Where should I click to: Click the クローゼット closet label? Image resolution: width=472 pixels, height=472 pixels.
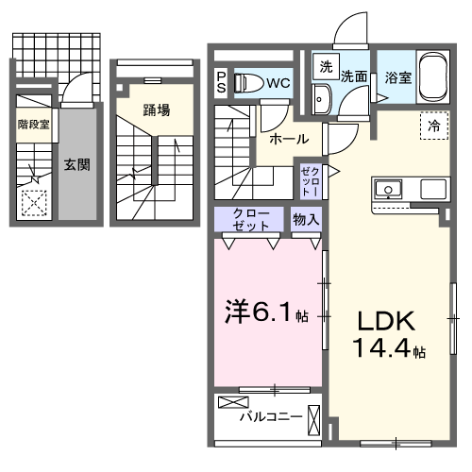click(x=252, y=221)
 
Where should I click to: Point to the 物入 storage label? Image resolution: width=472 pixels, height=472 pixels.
click(x=306, y=219)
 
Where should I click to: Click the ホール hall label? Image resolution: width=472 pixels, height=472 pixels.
click(x=288, y=139)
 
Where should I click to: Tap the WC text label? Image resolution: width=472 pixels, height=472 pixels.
click(x=278, y=82)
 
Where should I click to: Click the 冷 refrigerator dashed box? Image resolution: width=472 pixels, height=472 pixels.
click(x=434, y=124)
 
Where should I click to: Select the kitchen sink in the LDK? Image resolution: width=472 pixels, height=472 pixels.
click(x=388, y=188)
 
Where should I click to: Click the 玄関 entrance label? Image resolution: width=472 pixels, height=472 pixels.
click(x=76, y=164)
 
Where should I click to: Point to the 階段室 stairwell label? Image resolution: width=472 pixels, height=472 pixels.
click(x=34, y=124)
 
